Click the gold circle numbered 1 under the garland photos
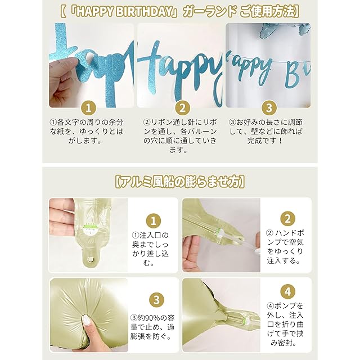coord(89,108)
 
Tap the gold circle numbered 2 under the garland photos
coord(182,108)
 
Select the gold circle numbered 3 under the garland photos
coord(269,108)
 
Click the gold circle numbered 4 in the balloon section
coord(287,291)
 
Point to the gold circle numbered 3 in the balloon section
coord(156,300)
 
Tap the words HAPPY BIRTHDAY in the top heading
coord(124,12)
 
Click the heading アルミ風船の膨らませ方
coord(179,182)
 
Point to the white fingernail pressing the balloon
coord(86,320)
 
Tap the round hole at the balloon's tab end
coord(91,259)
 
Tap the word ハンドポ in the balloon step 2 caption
coord(290,233)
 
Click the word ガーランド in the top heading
coord(210,12)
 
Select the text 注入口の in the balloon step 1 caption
coord(154,235)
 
